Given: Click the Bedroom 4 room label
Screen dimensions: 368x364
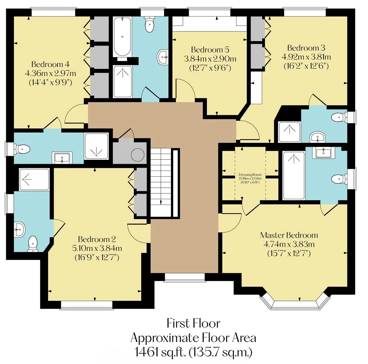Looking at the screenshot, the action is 50,64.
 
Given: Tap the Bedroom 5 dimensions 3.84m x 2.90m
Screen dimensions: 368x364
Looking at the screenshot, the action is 210,59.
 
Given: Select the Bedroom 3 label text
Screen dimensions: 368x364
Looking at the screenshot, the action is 306,48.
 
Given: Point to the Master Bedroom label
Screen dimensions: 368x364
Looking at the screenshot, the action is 289,235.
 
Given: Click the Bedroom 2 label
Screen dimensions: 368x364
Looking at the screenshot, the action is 97,239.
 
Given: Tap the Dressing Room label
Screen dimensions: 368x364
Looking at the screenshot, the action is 250,175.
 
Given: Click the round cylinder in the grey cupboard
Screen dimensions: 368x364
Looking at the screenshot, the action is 138,155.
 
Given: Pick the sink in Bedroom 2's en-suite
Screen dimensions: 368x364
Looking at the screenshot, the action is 20,229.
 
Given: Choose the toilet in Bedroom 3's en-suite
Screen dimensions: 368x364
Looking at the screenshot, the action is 339,117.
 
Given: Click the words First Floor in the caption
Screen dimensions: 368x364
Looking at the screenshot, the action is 194,323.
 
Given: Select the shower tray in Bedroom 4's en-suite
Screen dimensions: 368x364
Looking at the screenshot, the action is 96,146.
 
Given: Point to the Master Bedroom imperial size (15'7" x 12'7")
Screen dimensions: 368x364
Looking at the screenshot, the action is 289,253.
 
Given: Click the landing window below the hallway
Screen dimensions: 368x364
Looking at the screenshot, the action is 184,277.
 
